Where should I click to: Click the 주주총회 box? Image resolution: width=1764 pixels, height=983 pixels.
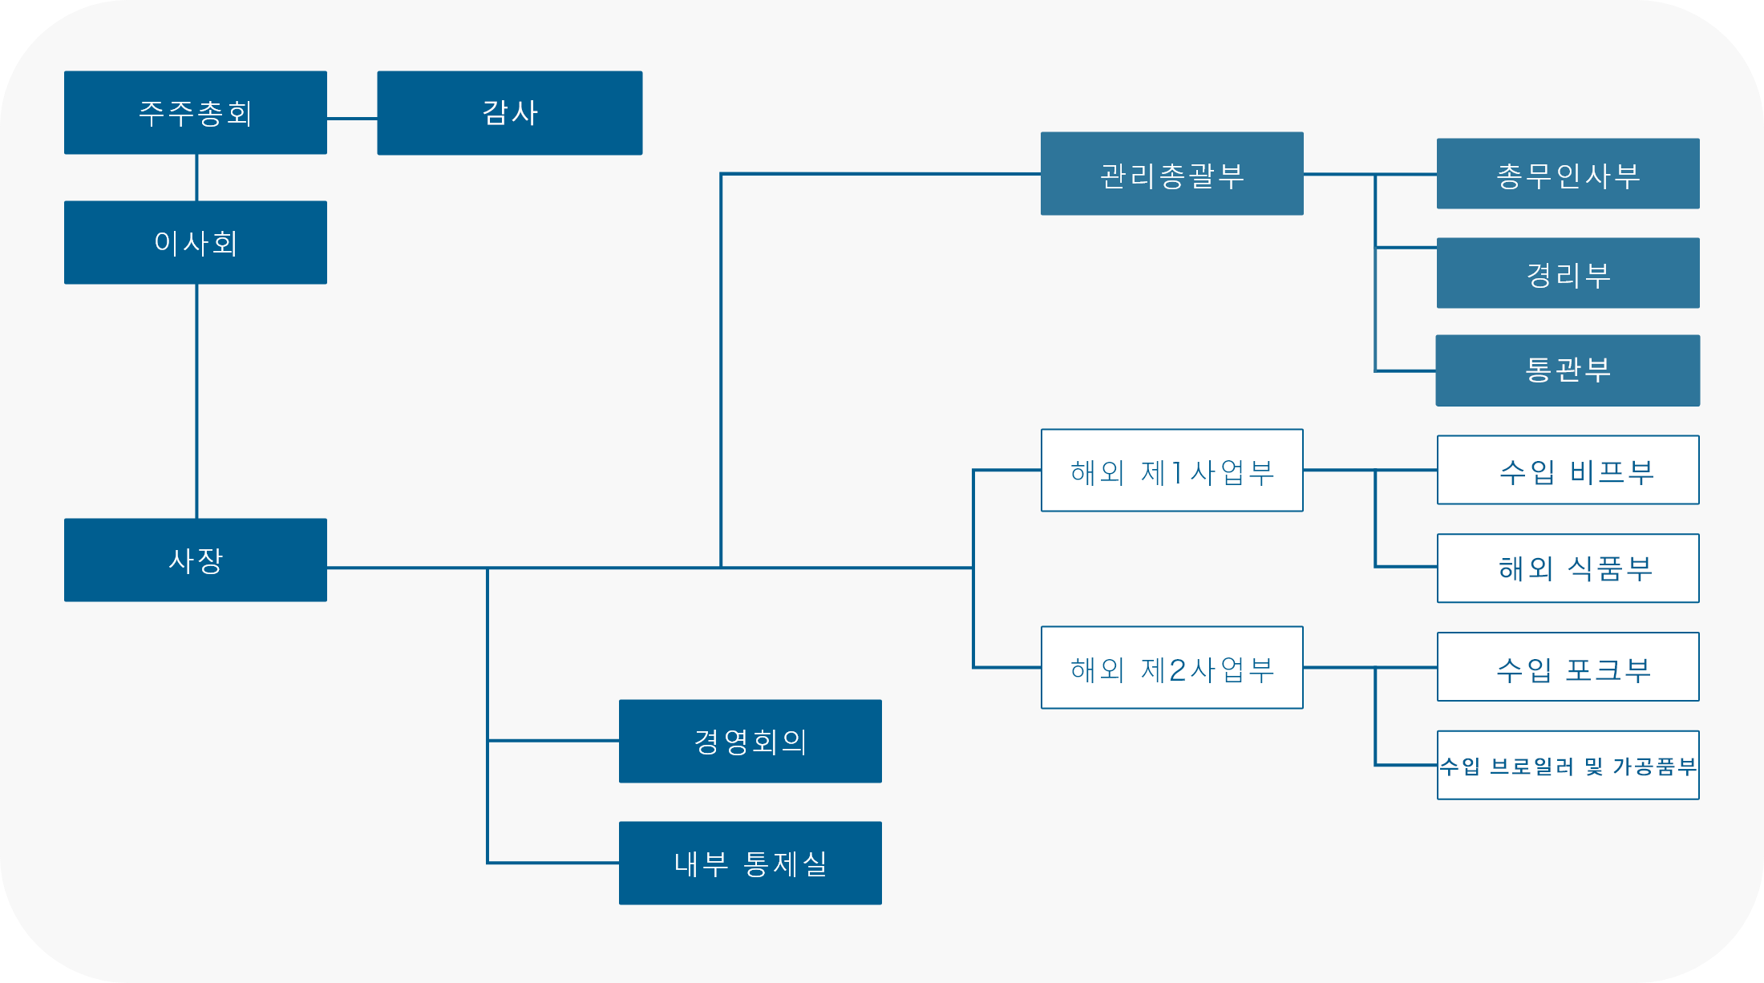(196, 112)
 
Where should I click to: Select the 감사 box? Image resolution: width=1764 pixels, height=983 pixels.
(509, 112)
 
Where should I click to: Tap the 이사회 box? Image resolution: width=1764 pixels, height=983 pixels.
(196, 242)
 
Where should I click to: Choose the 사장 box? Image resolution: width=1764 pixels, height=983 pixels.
(196, 560)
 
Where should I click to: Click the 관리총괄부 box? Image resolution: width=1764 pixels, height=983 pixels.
(1171, 174)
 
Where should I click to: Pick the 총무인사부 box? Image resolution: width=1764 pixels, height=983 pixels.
(1568, 174)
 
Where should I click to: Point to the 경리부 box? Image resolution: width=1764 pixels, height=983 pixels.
(1568, 273)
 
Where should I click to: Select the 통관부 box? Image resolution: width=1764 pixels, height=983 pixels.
(1568, 370)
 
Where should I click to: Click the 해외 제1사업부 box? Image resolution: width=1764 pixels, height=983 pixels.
(1171, 471)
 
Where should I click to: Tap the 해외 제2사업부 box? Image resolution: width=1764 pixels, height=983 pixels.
(1171, 668)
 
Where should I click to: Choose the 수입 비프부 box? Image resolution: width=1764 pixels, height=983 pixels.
(1568, 471)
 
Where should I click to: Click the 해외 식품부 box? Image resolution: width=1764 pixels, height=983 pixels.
(1568, 568)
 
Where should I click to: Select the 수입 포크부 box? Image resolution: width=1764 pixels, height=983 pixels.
(1568, 667)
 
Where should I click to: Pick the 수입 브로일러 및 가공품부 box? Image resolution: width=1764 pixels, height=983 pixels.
(1568, 766)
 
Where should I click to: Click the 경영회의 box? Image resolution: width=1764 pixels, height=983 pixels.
(750, 742)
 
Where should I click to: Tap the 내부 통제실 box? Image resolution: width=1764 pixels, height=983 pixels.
(750, 864)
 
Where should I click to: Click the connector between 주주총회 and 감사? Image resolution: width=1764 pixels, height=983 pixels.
(352, 119)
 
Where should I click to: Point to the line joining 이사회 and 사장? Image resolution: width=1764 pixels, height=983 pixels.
(196, 401)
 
